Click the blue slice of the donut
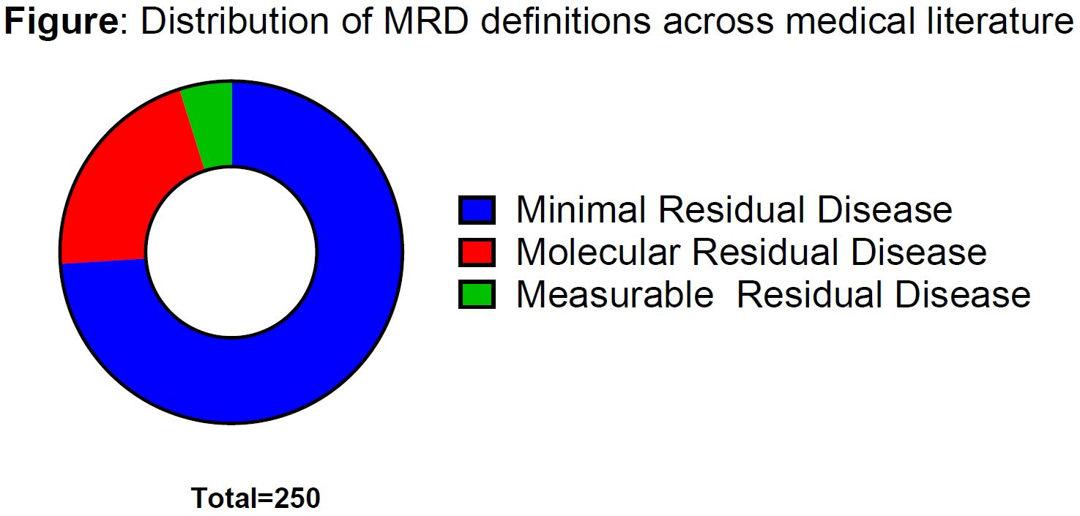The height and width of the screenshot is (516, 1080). point(338,337)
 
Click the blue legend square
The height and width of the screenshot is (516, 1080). point(477,210)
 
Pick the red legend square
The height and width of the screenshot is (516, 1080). point(477,253)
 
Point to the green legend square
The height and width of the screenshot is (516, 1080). point(477,294)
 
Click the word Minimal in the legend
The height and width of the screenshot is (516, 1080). point(581,209)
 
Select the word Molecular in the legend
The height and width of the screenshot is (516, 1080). point(598,252)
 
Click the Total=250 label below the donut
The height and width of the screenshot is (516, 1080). point(256,498)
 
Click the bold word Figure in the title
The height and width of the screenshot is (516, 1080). point(62,21)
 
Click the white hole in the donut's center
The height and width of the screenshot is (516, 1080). point(231,252)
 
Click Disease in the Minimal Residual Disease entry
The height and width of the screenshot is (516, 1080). point(885,209)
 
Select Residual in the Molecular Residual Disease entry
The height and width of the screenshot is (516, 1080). point(766,252)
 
